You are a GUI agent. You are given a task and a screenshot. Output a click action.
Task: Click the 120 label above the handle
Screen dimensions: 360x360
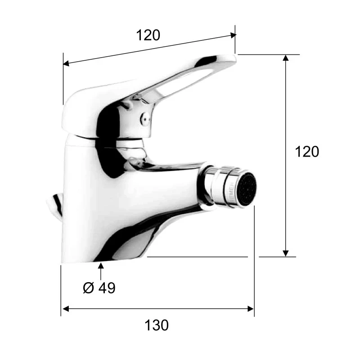tap(148, 35)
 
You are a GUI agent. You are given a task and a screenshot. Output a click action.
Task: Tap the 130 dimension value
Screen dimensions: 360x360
tap(157, 324)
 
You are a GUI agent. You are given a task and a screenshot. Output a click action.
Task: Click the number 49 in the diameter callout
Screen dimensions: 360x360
tap(107, 288)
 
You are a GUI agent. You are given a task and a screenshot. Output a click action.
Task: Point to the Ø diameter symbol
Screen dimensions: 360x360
tap(89, 288)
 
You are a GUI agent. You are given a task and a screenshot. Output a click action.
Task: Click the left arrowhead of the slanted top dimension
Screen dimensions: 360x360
tap(66, 63)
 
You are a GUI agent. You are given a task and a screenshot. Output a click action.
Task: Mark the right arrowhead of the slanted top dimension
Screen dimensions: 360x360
tap(233, 34)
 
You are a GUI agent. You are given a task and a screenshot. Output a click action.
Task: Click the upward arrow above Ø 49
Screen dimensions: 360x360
tap(101, 267)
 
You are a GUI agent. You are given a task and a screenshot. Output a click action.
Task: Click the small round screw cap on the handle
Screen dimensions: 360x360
tap(144, 119)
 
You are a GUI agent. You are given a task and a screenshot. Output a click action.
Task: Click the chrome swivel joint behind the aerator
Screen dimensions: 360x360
tap(212, 185)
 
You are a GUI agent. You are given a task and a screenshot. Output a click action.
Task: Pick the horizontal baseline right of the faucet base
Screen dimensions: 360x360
tap(198, 257)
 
